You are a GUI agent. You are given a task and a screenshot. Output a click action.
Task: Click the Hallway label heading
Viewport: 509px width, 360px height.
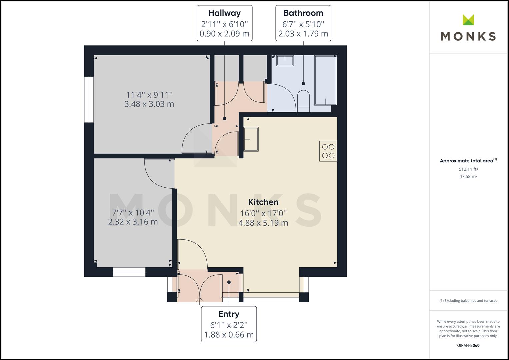point(224,13)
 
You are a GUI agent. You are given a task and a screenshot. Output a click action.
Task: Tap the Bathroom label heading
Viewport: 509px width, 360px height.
point(303,13)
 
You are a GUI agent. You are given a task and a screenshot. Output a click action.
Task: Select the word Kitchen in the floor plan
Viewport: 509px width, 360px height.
point(263,202)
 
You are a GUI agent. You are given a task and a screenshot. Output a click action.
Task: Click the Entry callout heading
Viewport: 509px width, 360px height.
point(229,314)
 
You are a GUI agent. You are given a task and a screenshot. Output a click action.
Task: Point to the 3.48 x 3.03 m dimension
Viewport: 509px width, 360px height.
point(149,104)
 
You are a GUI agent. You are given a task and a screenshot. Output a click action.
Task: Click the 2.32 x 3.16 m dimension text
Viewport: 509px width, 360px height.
point(133,222)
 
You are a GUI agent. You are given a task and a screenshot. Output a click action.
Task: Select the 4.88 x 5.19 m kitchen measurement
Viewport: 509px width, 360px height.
point(263,223)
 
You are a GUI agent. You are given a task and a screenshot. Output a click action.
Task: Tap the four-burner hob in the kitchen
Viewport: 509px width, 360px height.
point(328,151)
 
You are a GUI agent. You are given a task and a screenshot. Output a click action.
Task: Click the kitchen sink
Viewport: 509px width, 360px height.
point(251,139)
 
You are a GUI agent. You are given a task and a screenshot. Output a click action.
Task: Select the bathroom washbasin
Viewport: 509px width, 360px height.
point(285,61)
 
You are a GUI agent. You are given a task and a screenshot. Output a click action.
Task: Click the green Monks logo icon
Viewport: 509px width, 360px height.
point(468,20)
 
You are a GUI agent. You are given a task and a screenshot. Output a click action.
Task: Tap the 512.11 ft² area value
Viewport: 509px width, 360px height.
point(468,169)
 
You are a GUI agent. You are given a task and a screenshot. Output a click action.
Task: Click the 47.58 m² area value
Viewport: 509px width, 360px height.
point(468,177)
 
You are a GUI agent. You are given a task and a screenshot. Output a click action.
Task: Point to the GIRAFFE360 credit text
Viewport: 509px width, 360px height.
point(468,345)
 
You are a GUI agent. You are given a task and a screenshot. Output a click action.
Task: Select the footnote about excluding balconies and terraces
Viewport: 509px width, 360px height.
point(468,301)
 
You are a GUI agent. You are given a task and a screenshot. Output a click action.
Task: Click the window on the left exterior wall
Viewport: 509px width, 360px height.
point(89,100)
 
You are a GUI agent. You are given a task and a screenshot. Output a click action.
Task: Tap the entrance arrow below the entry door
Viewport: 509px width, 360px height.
point(200,301)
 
